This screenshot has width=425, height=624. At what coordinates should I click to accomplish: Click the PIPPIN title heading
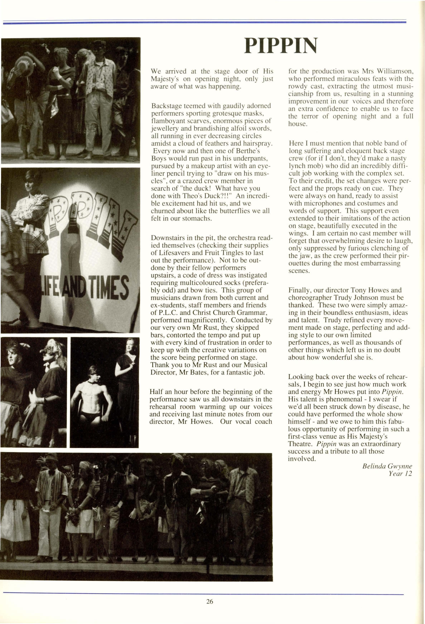coord(280,46)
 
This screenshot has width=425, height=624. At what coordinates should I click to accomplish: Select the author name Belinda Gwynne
coord(387,466)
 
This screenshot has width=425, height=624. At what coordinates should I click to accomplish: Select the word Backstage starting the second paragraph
coord(167,106)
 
